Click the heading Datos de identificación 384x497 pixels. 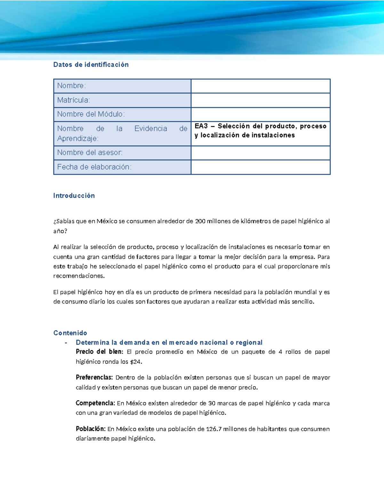91,65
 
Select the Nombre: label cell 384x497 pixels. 71,86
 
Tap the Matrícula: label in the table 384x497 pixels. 73,100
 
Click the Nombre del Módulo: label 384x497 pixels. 91,114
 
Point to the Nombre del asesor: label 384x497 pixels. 90,153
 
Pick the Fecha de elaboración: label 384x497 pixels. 94,167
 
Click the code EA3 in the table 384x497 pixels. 201,126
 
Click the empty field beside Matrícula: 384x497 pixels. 260,100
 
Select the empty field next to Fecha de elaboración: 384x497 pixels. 260,167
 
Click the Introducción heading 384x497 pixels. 74,196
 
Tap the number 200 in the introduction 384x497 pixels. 200,221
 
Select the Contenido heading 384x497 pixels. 70,333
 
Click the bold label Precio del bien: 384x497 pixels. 99,352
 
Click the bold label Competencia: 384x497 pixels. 95,403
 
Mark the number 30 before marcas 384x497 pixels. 212,403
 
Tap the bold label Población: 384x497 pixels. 90,429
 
